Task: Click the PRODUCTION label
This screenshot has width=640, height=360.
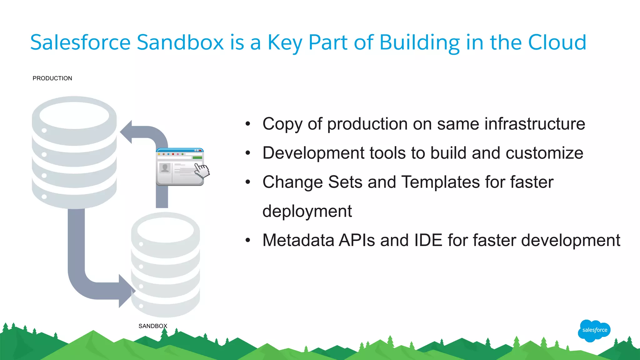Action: click(52, 78)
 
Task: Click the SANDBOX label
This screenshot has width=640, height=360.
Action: click(153, 326)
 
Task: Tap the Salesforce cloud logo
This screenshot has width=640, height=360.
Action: click(594, 330)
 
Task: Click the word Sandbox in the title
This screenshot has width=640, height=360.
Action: click(180, 42)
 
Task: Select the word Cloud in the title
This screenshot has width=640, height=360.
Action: click(557, 42)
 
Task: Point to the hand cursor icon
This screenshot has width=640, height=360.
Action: click(202, 170)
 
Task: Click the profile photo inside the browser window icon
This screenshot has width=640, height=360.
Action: click(165, 168)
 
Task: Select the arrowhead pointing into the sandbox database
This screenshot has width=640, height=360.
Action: click(126, 291)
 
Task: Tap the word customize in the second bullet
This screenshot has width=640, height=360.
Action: click(544, 153)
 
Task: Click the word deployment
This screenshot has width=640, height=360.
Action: click(307, 211)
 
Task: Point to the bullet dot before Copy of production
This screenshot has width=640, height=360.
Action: click(248, 124)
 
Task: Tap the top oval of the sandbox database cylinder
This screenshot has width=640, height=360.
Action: click(166, 230)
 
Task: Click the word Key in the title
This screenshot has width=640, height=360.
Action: click(285, 42)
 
